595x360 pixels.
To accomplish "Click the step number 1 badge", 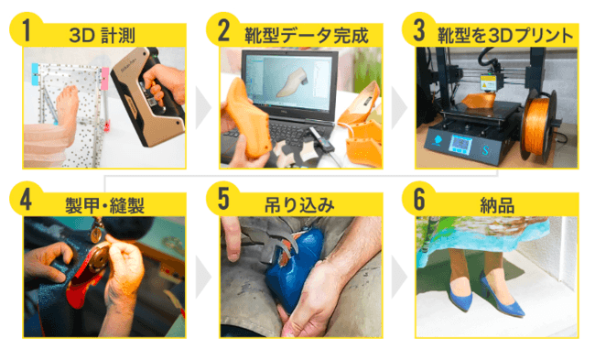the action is pyautogui.click(x=26, y=29).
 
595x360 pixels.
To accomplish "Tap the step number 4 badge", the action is pyautogui.click(x=26, y=199).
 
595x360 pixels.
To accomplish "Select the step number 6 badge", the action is pyautogui.click(x=419, y=199).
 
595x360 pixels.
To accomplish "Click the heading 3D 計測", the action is pyautogui.click(x=103, y=36).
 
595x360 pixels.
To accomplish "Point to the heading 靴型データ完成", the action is pyautogui.click(x=307, y=36).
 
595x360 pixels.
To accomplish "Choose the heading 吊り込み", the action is pyautogui.click(x=299, y=205).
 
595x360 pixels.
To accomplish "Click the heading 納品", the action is pyautogui.click(x=497, y=205).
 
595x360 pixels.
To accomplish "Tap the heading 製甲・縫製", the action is pyautogui.click(x=104, y=205).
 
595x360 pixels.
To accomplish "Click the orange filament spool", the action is pyautogui.click(x=537, y=125).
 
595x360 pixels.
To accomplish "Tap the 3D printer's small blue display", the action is pyautogui.click(x=460, y=145).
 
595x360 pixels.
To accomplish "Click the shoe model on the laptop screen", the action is pyautogui.click(x=291, y=81).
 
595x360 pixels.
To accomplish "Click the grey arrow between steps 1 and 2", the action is pyautogui.click(x=202, y=108).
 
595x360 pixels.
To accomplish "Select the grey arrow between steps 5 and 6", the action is pyautogui.click(x=399, y=277).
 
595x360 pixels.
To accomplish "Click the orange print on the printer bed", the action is pyautogui.click(x=479, y=100).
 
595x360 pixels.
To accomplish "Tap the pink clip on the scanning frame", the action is pyautogui.click(x=104, y=79).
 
